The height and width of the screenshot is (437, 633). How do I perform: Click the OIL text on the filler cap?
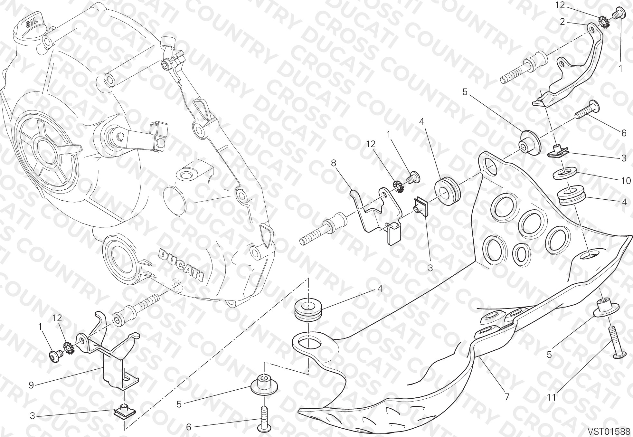[x=32, y=22]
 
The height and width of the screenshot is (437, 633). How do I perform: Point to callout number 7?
[x=507, y=397]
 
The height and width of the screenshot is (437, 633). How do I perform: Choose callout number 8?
[x=333, y=163]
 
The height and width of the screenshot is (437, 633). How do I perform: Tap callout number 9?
[x=31, y=385]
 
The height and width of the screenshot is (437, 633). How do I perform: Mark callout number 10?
[x=626, y=181]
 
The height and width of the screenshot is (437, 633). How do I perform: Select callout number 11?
[x=552, y=397]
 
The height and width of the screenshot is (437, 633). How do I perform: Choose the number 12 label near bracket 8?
[x=371, y=144]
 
